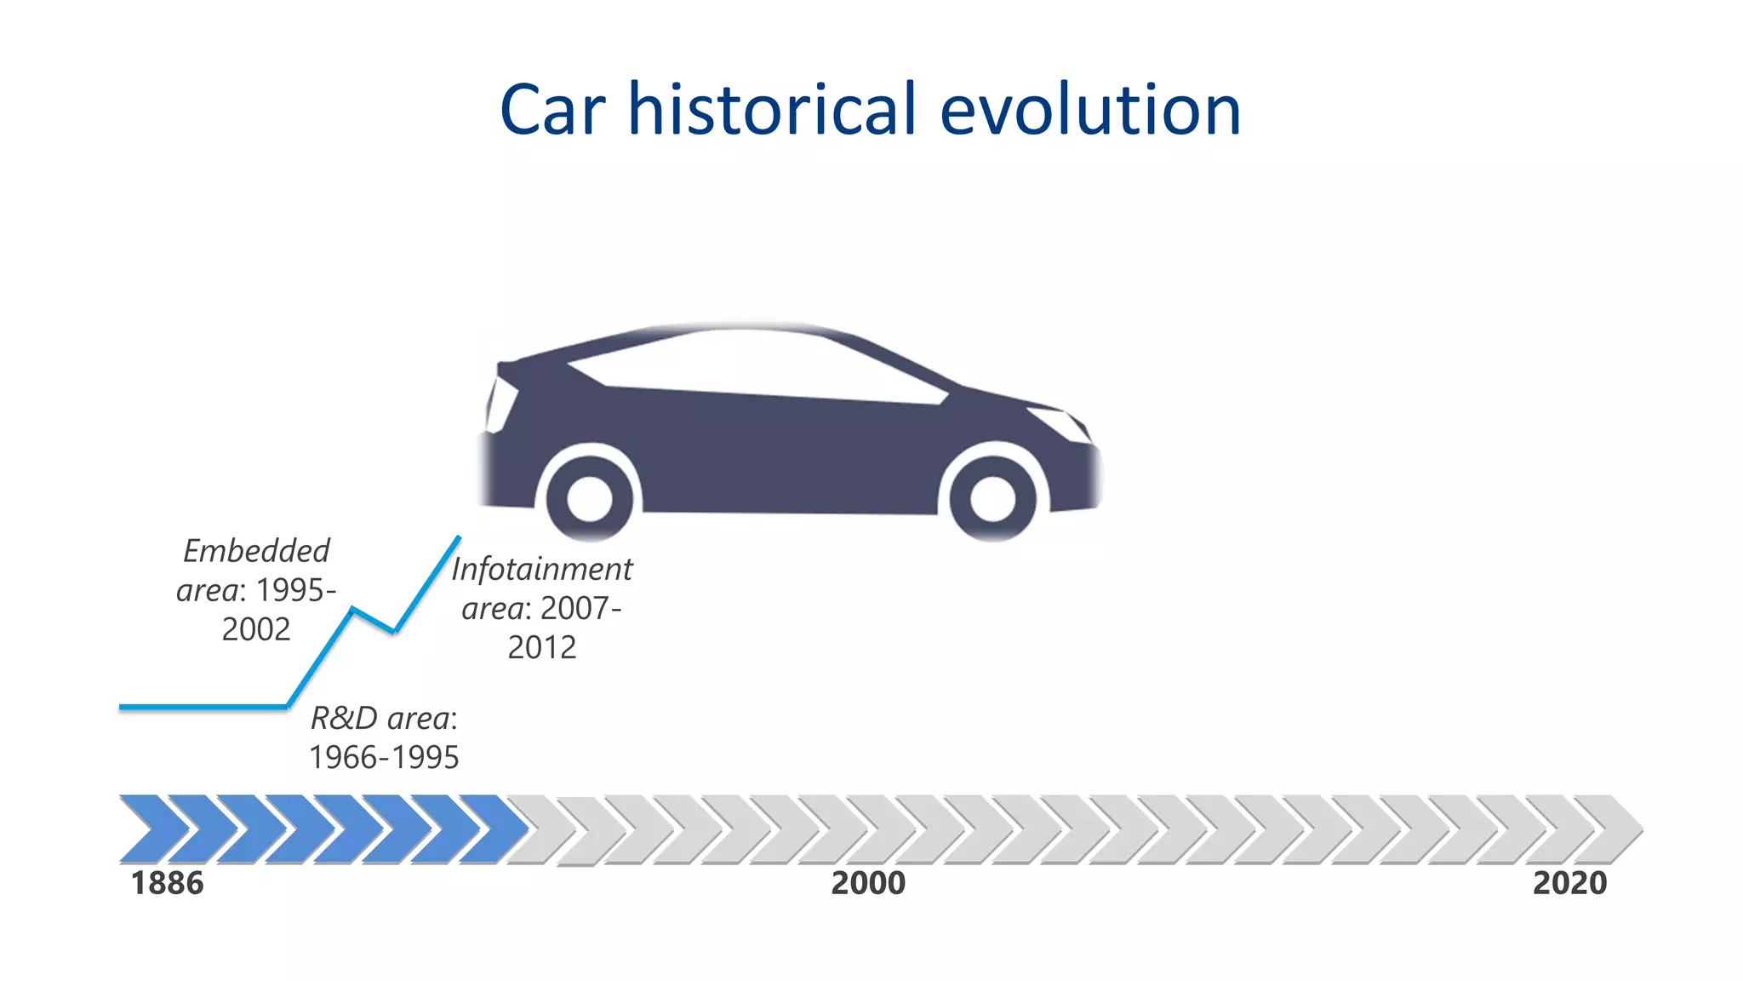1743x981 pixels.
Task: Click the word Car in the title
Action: (x=552, y=110)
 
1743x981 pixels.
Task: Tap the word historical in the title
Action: (x=772, y=110)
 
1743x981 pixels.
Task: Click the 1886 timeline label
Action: (x=167, y=884)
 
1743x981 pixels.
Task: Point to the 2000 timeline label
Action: (x=868, y=884)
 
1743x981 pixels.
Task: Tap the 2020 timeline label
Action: (x=1569, y=884)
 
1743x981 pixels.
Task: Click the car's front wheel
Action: (x=992, y=498)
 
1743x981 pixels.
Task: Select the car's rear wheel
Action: (x=589, y=498)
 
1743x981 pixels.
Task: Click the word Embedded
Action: (x=256, y=551)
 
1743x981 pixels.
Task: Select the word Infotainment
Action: (x=542, y=569)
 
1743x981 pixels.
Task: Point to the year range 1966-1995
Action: (x=384, y=757)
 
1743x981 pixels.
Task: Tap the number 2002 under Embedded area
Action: (x=256, y=629)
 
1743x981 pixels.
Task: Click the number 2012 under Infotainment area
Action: (x=542, y=648)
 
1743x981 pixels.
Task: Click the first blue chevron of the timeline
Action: (x=153, y=829)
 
